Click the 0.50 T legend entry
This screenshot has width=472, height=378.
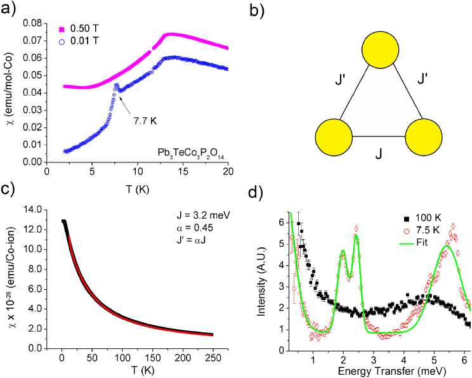click(86, 30)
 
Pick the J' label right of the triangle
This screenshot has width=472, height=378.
click(419, 81)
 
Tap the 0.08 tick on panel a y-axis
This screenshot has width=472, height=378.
click(30, 23)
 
